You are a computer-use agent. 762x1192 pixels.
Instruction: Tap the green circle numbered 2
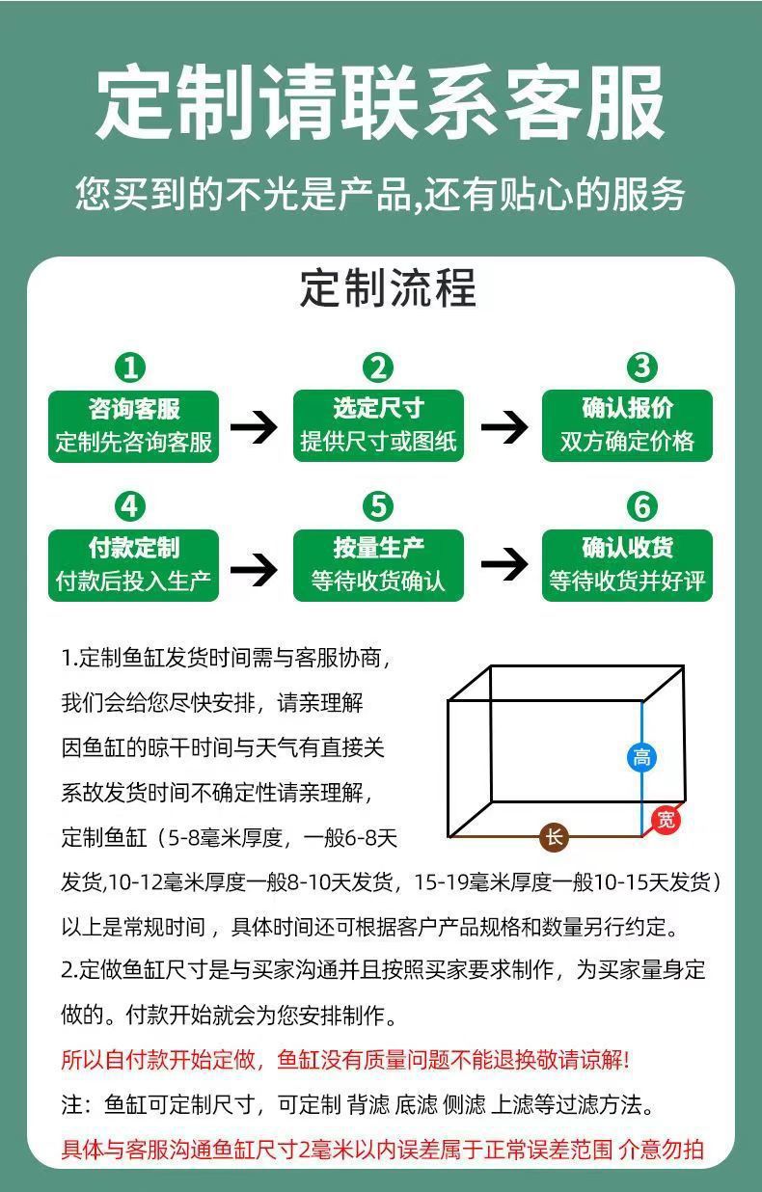pyautogui.click(x=378, y=367)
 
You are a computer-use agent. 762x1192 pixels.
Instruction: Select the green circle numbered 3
pyautogui.click(x=641, y=367)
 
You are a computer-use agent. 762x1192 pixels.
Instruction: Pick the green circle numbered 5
pyautogui.click(x=378, y=506)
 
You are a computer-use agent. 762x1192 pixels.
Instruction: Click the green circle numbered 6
pyautogui.click(x=641, y=506)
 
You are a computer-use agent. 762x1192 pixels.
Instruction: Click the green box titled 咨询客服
pyautogui.click(x=134, y=425)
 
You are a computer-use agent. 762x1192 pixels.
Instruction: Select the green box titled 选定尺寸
pyautogui.click(x=378, y=425)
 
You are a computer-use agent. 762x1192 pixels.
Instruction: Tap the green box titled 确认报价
pyautogui.click(x=627, y=425)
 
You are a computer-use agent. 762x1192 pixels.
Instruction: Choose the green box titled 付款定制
pyautogui.click(x=134, y=565)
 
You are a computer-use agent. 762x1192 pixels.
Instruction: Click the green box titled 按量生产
pyautogui.click(x=378, y=565)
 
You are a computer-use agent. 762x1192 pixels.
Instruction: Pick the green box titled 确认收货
pyautogui.click(x=627, y=565)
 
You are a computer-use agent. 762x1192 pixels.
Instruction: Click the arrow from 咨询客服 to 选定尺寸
pyautogui.click(x=254, y=426)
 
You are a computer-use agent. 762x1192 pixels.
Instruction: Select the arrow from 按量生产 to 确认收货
pyautogui.click(x=503, y=566)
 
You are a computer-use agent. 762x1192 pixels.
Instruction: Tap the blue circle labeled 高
pyautogui.click(x=641, y=757)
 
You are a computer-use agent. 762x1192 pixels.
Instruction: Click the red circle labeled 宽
pyautogui.click(x=666, y=820)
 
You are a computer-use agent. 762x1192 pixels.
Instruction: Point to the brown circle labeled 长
pyautogui.click(x=554, y=837)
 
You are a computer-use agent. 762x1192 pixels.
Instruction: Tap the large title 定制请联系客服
pyautogui.click(x=381, y=102)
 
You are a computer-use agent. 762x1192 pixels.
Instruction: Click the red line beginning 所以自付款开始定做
pyautogui.click(x=344, y=1061)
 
